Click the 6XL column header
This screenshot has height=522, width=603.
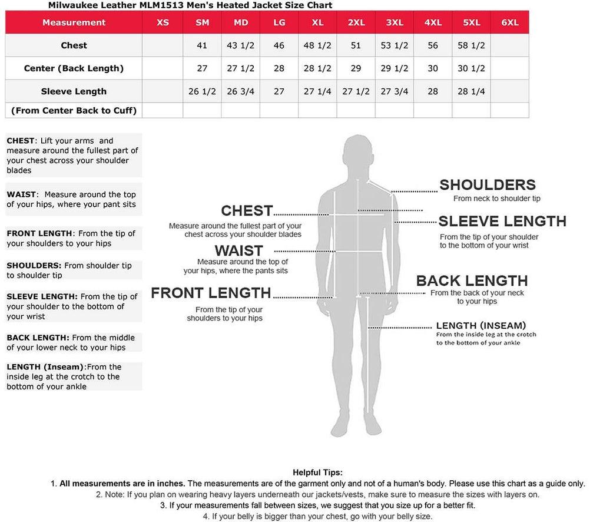(x=509, y=22)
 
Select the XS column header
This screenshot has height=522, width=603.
(x=163, y=22)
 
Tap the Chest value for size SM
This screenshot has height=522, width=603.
(x=202, y=45)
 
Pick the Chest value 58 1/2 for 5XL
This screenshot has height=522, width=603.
(x=471, y=45)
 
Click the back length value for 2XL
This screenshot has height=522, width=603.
(x=356, y=68)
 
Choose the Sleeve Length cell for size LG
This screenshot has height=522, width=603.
(x=279, y=91)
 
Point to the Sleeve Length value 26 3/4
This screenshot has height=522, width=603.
(x=240, y=91)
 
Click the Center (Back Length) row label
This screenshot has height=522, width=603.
(x=74, y=68)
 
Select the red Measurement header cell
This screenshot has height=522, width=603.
(x=74, y=22)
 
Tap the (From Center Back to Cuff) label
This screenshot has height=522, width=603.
(x=74, y=110)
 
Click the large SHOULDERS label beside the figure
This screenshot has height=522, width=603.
(x=488, y=185)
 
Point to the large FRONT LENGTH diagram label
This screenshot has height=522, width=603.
(x=211, y=293)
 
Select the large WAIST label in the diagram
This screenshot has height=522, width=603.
(x=238, y=251)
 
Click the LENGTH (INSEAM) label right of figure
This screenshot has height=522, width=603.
(x=481, y=325)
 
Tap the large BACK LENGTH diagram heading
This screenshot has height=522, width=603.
(x=472, y=281)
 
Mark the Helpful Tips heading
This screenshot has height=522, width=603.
(x=317, y=473)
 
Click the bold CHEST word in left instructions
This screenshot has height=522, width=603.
(x=21, y=141)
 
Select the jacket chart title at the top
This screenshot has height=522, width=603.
(x=190, y=5)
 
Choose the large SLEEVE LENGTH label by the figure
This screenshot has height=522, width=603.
(x=502, y=222)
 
